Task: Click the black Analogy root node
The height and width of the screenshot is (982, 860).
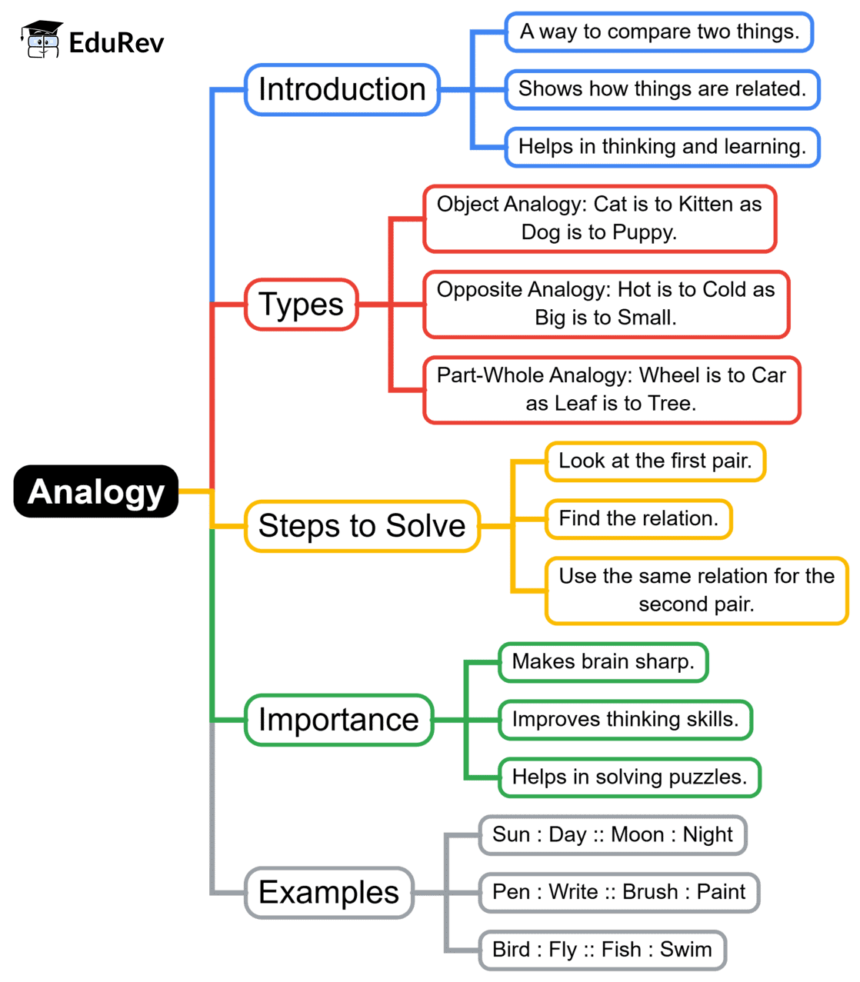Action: point(96,491)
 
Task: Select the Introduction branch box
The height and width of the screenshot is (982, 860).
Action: point(342,90)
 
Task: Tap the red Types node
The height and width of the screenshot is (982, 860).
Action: point(302,305)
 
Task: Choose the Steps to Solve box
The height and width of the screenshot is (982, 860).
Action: point(362,526)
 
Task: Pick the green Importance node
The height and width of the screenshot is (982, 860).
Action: point(338,720)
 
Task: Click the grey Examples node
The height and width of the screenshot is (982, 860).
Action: point(329,893)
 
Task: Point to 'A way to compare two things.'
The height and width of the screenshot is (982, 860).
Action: point(659,32)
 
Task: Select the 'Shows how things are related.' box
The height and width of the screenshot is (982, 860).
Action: point(662,89)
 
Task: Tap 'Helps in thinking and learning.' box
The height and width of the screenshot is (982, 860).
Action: point(662,147)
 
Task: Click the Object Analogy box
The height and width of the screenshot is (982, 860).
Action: point(599,218)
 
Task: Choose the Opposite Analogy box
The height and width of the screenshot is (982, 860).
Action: point(606,304)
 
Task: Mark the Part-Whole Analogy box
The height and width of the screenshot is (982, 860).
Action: point(612,389)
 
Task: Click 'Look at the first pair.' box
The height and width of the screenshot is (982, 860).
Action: point(655,461)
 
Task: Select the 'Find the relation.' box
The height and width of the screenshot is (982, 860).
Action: point(638,519)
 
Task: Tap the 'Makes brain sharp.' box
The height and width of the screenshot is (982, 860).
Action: point(603,662)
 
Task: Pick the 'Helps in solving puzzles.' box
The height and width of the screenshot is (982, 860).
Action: point(629,777)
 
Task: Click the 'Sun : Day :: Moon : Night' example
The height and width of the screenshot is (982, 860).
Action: point(613,835)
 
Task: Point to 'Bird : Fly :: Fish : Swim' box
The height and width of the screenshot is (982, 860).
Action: point(602,950)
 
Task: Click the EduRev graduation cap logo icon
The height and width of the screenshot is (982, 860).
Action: point(42,40)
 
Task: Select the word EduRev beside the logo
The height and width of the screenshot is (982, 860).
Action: point(116,43)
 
